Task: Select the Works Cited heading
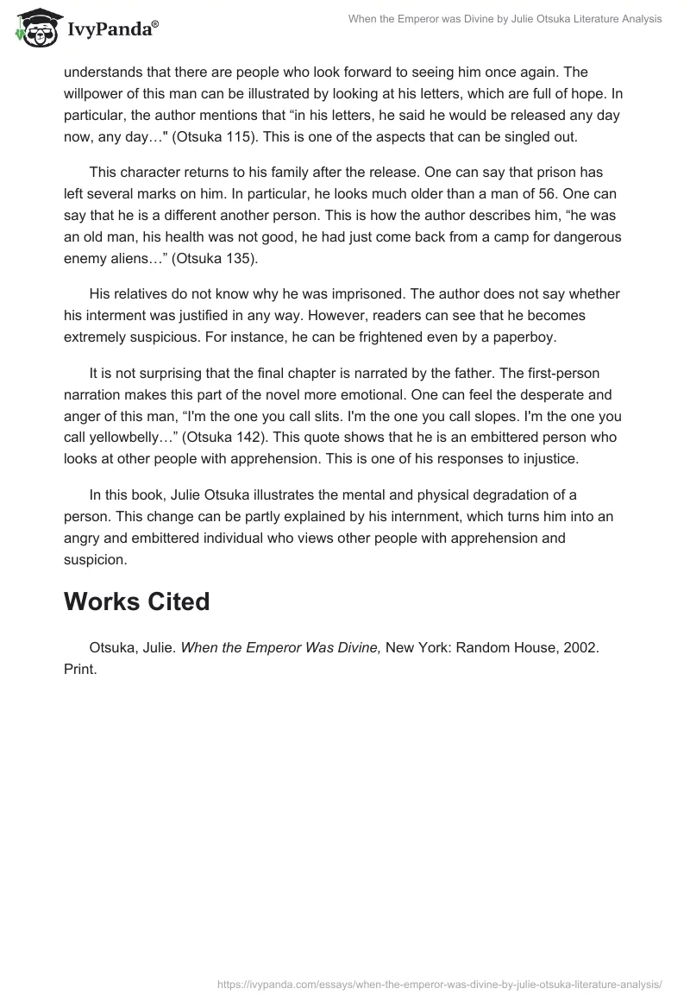click(136, 601)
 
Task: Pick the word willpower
click(97, 92)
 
